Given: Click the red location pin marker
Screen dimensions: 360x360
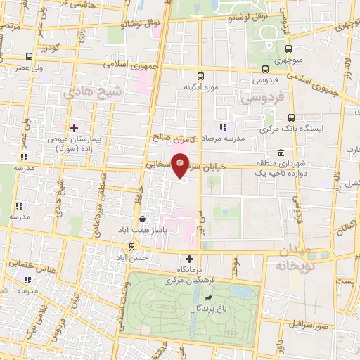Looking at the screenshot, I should [181, 165].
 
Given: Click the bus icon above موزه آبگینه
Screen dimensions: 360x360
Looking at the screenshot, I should [200, 76].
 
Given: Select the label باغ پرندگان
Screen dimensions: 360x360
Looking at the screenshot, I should [200, 309].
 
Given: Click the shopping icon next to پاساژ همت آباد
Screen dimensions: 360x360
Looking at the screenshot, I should [143, 219].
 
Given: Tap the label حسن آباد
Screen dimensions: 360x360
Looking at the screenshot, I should [134, 258].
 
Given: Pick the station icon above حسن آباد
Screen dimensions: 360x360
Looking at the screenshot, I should [133, 246].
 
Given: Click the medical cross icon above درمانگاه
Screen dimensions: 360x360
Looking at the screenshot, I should [189, 259].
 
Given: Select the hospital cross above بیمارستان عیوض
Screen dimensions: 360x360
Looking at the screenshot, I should [75, 127].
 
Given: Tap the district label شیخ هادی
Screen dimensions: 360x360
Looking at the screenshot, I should [93, 92].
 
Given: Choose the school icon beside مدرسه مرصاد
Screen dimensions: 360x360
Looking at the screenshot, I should [223, 127].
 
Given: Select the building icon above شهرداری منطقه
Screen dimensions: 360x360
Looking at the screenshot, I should [281, 153].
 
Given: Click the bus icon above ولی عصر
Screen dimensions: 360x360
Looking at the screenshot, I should [28, 56].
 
